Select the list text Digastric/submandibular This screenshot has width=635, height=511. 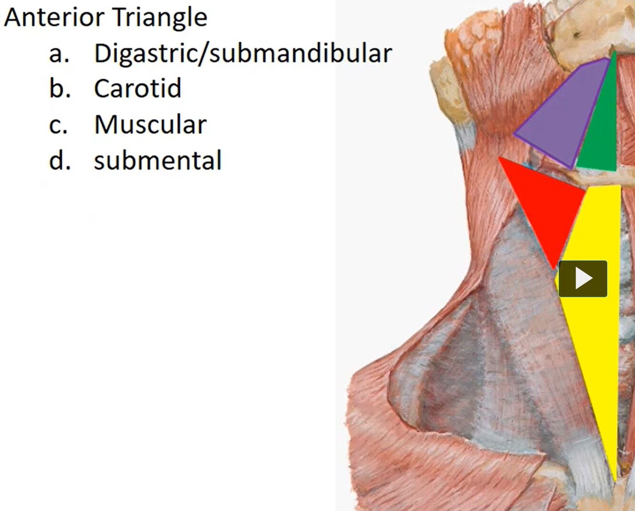pyautogui.click(x=243, y=53)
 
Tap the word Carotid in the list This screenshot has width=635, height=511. pyautogui.click(x=138, y=88)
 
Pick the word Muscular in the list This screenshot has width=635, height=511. pyautogui.click(x=150, y=125)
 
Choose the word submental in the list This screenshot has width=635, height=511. pyautogui.click(x=158, y=160)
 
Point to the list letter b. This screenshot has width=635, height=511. pyautogui.click(x=60, y=88)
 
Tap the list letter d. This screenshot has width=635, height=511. pyautogui.click(x=60, y=161)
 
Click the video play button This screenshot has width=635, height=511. pyautogui.click(x=583, y=279)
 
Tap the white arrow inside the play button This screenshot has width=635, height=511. pyautogui.click(x=584, y=279)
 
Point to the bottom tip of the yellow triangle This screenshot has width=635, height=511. pyautogui.click(x=615, y=479)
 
